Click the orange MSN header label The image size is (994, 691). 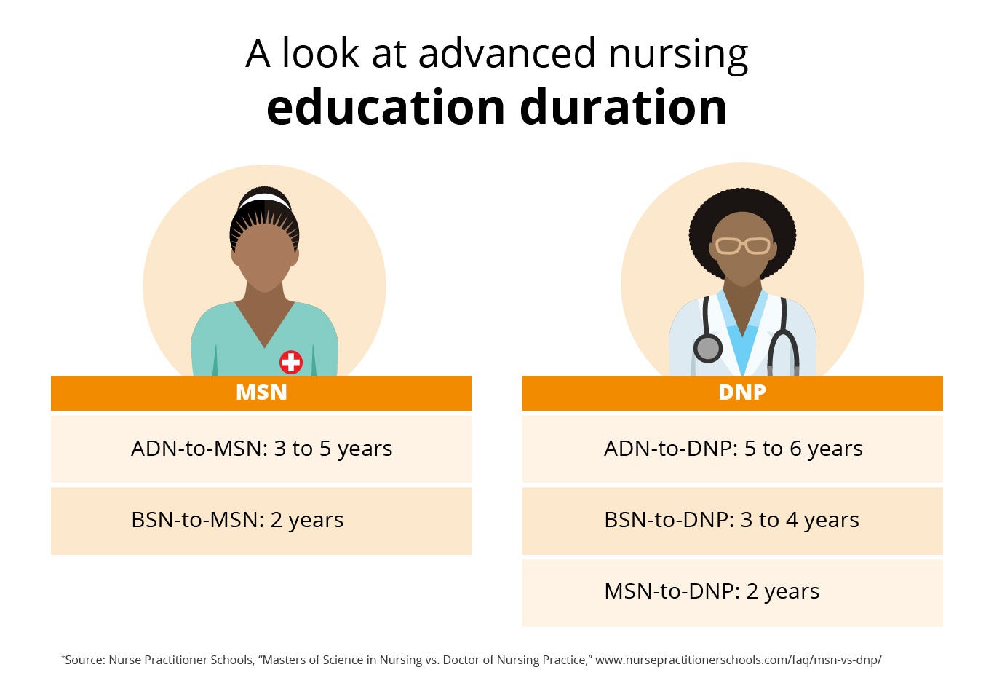261,392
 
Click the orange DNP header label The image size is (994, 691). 741,392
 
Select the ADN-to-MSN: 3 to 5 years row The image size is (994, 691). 261,449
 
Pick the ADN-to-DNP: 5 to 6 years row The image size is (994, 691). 733,449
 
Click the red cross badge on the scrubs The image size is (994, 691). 291,362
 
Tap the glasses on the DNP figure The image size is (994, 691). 742,245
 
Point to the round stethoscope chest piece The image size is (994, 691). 707,348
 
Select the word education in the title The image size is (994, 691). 386,108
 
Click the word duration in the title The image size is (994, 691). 624,108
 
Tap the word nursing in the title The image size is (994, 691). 678,55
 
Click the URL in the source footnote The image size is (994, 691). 738,660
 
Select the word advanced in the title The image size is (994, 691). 507,55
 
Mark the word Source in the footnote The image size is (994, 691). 85,660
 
